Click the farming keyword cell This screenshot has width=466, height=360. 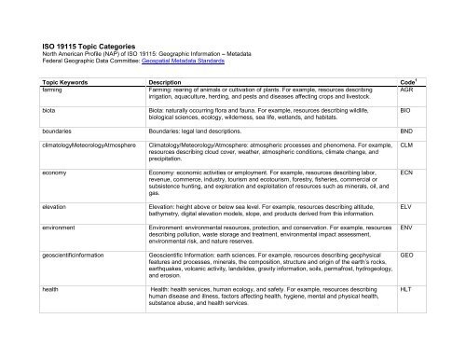pyautogui.click(x=54, y=89)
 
